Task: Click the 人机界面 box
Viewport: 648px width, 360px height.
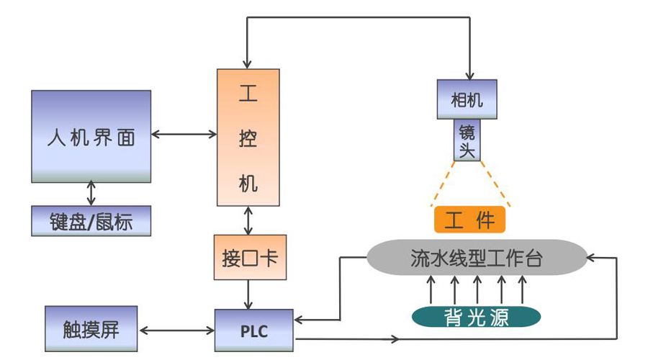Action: [x=91, y=135]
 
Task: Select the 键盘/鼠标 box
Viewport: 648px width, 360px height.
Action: [x=91, y=220]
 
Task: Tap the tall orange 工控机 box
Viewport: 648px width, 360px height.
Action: [x=248, y=137]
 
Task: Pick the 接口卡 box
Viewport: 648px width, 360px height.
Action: [x=250, y=257]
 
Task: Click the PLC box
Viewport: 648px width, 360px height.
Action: [x=253, y=330]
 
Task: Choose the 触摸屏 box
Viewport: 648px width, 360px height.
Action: [x=91, y=330]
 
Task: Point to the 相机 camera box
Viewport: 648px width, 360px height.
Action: [x=467, y=99]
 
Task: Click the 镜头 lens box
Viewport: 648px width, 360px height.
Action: [x=467, y=140]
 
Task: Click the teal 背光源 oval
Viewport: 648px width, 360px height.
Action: [x=476, y=315]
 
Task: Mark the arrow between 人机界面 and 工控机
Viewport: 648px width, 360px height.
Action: [x=184, y=134]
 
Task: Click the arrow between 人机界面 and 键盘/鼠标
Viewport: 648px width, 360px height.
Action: [x=91, y=194]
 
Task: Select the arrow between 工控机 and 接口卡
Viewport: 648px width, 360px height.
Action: [x=249, y=220]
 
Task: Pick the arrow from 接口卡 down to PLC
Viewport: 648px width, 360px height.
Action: [x=249, y=294]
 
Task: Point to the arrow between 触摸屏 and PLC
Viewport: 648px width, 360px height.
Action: [x=176, y=331]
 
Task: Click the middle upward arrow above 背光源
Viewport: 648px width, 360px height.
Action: [x=477, y=289]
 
